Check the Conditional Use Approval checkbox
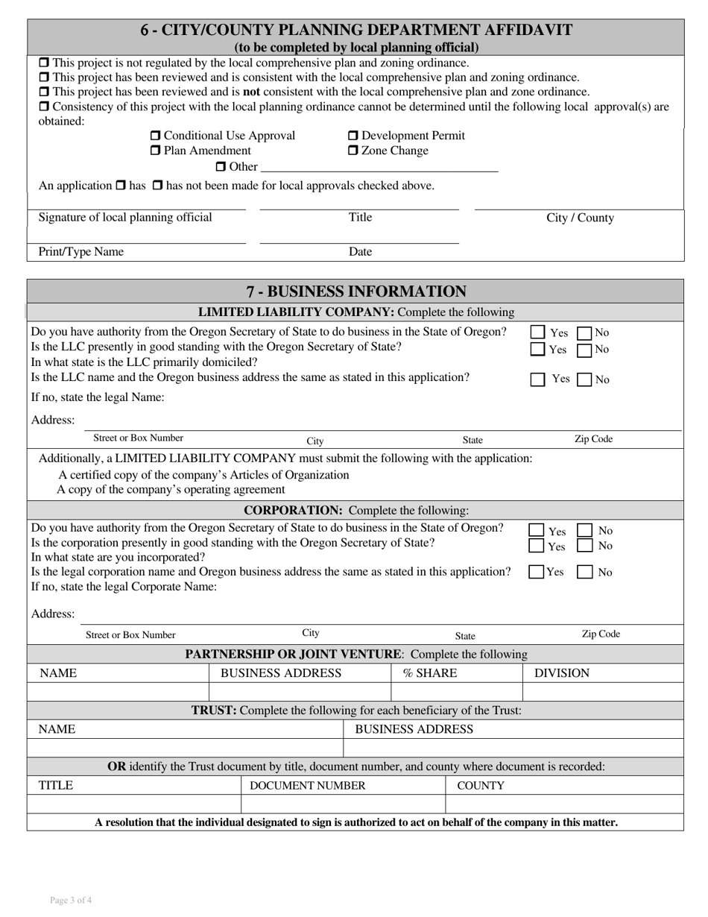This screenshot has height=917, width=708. tap(155, 136)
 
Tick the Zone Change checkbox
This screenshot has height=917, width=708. tap(353, 151)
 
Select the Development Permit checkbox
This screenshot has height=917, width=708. tap(353, 136)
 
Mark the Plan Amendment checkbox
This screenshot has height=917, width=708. tap(155, 151)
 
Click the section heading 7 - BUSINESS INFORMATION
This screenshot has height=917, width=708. tap(355, 292)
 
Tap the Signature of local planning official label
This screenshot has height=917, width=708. tap(125, 218)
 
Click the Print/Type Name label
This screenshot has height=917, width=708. tap(81, 252)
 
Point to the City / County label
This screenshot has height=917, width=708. tap(580, 218)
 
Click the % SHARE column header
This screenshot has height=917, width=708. tap(430, 673)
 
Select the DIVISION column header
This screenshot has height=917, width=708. tap(562, 673)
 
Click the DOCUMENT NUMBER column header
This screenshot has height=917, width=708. tap(307, 786)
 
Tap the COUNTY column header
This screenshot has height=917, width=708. tap(480, 786)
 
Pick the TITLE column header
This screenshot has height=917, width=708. tap(56, 786)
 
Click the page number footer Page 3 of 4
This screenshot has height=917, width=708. tap(71, 900)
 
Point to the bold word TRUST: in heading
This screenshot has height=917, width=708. tap(215, 710)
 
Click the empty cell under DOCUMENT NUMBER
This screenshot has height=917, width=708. tap(343, 804)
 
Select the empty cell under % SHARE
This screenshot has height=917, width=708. tap(457, 692)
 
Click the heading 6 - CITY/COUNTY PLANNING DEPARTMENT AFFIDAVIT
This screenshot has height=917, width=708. tap(356, 31)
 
